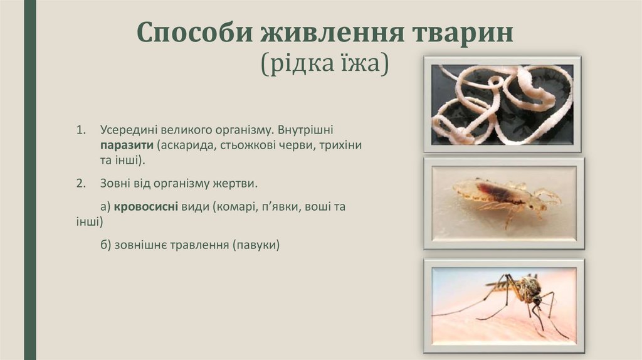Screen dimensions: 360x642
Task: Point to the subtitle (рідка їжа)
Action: coord(325,63)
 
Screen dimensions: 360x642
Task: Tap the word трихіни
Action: coord(344,145)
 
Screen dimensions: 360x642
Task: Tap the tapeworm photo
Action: coord(502,104)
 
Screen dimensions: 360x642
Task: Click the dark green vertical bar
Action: coord(29,180)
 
